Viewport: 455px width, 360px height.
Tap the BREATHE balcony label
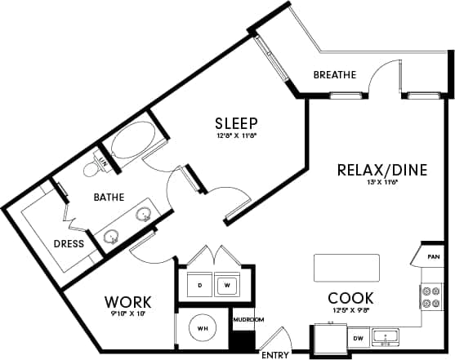pyautogui.click(x=335, y=75)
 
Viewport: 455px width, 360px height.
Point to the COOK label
pyautogui.click(x=350, y=298)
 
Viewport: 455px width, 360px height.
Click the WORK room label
pyautogui.click(x=128, y=302)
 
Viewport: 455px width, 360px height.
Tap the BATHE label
pyautogui.click(x=109, y=197)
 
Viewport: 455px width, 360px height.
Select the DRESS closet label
pyautogui.click(x=69, y=243)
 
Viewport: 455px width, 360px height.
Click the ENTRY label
pyautogui.click(x=274, y=355)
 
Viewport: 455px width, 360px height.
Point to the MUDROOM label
pyautogui.click(x=247, y=319)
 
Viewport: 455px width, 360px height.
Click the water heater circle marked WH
pyautogui.click(x=202, y=329)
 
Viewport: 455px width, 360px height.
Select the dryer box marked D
pyautogui.click(x=200, y=285)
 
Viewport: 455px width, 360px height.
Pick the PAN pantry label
pyautogui.click(x=433, y=257)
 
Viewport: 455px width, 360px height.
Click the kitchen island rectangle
pyautogui.click(x=347, y=267)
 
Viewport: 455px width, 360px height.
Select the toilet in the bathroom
pyautogui.click(x=96, y=167)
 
